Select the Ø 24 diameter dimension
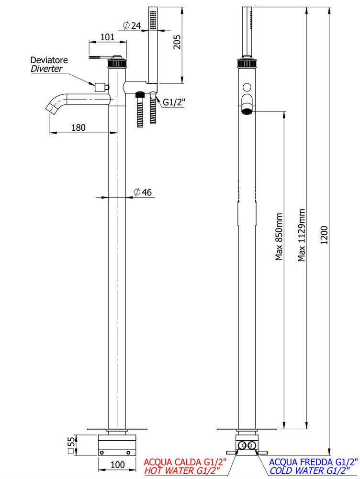tap(132, 26)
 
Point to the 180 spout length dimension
tap(79, 127)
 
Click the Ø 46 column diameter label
tap(142, 192)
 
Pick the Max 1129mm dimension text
tap(302, 235)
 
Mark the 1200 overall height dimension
tap(325, 236)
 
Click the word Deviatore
tap(49, 60)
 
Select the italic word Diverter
tap(46, 68)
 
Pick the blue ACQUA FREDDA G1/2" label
tap(313, 462)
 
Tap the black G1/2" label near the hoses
tap(174, 102)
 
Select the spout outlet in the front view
tap(247, 112)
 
